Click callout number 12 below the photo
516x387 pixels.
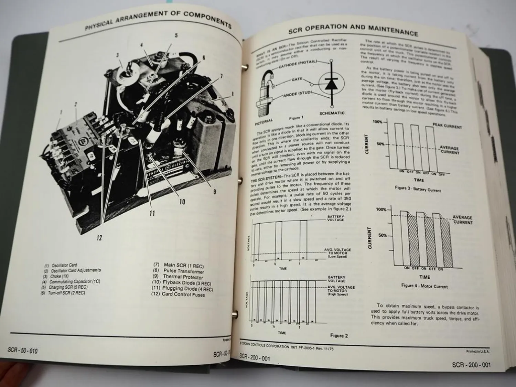(99, 238)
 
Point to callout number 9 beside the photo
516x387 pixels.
(214, 192)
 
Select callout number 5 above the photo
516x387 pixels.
(176, 35)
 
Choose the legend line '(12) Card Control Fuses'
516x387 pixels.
(178, 294)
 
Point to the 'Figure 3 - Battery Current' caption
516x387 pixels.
(418, 189)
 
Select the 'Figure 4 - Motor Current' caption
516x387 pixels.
(424, 286)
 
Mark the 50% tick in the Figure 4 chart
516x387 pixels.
(382, 236)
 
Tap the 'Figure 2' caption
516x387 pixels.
(339, 335)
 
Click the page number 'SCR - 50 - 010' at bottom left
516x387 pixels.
(23, 351)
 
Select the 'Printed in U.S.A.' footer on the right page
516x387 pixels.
(477, 351)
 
